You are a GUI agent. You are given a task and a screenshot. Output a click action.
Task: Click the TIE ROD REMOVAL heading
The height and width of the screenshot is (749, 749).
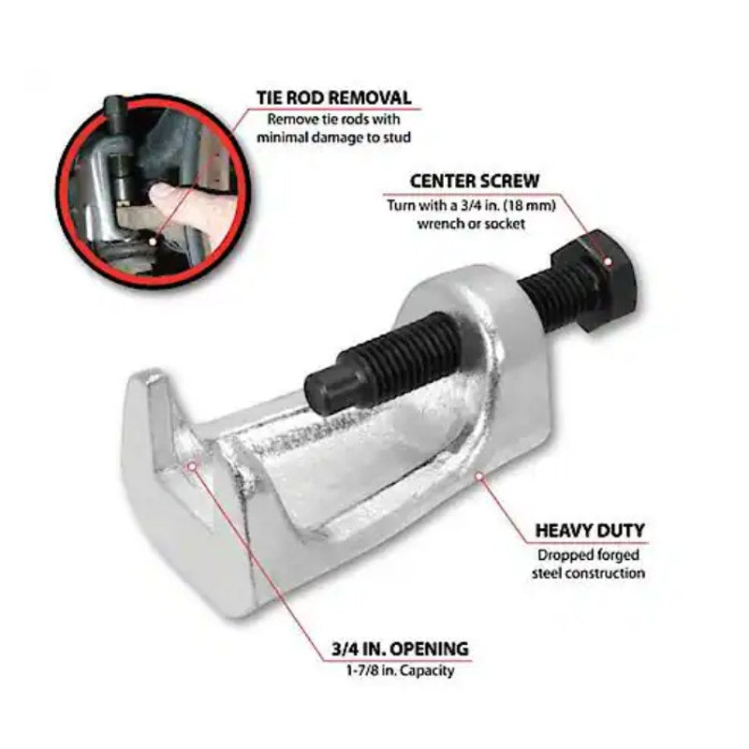pos(334,98)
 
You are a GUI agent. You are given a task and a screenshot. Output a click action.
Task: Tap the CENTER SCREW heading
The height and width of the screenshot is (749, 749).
pos(475,182)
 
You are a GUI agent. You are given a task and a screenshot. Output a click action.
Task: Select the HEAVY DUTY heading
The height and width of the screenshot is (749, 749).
pos(590,531)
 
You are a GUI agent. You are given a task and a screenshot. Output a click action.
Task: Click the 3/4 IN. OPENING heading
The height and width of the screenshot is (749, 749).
pos(401,649)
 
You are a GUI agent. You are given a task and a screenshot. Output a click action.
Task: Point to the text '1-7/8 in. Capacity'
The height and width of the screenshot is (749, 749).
pos(401,670)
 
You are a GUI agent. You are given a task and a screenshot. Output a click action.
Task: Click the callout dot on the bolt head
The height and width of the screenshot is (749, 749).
pos(607,261)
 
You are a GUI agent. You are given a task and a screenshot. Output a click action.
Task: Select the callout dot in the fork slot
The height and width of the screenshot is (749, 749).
pos(192,464)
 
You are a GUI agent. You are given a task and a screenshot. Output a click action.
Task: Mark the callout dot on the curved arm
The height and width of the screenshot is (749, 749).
pos(479,475)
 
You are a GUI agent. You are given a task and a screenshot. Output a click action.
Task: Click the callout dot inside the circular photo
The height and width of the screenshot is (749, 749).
pos(153,242)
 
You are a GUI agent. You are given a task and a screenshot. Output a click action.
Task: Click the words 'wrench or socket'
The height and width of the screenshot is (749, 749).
pos(472,224)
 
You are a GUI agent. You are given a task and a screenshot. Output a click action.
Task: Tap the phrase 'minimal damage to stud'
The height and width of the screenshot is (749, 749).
pos(334,138)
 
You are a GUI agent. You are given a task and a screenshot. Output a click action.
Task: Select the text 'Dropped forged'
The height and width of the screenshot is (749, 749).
pos(589,555)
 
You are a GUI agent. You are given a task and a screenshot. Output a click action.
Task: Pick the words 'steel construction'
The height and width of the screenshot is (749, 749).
pos(589,573)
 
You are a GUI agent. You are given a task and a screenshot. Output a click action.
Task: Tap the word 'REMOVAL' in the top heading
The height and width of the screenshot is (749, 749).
pos(370,98)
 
